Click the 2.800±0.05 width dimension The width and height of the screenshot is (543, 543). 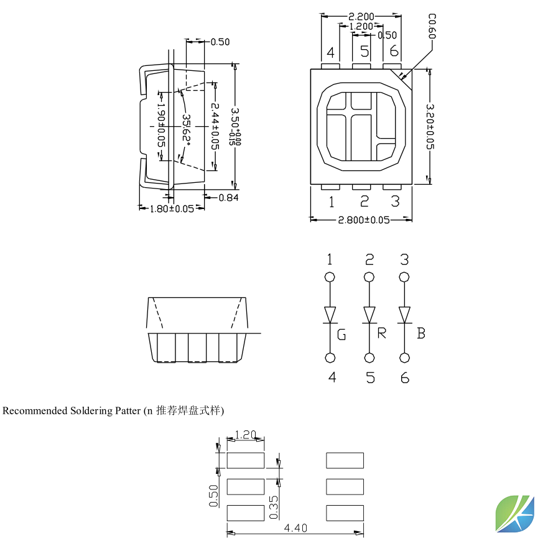(x=363, y=220)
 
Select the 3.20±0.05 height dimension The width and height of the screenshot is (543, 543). (x=430, y=126)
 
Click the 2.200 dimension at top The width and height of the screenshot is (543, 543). (x=361, y=16)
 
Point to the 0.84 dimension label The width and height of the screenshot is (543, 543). (x=229, y=198)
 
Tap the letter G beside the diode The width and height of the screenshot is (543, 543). (x=341, y=336)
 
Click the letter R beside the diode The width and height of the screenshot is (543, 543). (x=382, y=333)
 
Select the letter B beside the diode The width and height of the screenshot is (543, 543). (x=421, y=333)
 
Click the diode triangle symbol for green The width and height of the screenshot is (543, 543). (x=330, y=314)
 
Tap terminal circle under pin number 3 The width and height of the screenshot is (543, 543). (x=405, y=277)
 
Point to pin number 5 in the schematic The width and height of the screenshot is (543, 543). (x=370, y=378)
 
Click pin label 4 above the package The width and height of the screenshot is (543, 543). (x=330, y=52)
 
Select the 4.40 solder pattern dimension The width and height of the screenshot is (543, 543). (x=295, y=528)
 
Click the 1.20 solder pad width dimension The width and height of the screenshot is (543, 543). (x=246, y=435)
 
